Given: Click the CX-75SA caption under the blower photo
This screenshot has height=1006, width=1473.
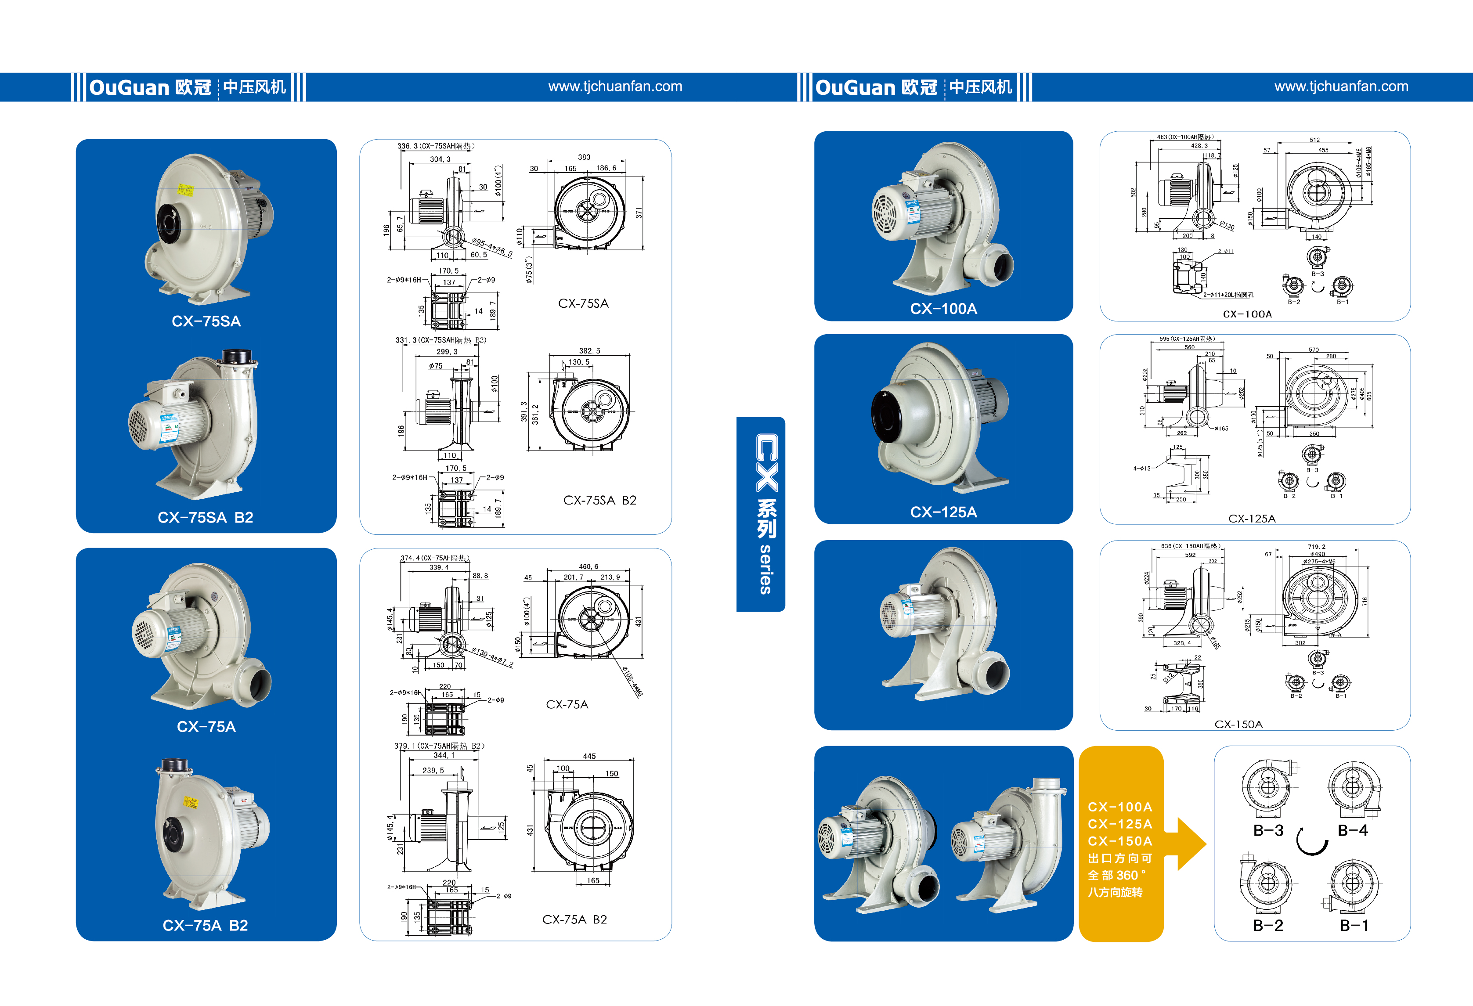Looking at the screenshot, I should [206, 321].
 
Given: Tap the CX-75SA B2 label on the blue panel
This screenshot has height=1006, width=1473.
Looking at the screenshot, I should [206, 517].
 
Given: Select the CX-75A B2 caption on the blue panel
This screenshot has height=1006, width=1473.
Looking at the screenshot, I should [206, 926].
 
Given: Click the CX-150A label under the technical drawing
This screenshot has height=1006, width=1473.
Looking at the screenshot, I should [1238, 724].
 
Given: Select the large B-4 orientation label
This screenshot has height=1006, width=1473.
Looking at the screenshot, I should [1353, 830].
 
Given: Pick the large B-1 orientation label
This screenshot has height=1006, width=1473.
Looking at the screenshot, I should [1354, 926].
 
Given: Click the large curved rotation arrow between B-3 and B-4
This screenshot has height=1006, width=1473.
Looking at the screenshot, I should [1311, 843].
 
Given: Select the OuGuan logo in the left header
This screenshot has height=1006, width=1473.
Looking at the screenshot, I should [150, 87].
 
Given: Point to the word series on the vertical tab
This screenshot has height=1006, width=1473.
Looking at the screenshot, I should [765, 569].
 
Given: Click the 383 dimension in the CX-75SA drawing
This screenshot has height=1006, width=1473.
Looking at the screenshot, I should [584, 157].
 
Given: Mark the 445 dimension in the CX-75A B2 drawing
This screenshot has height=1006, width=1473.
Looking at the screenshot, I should [589, 756].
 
